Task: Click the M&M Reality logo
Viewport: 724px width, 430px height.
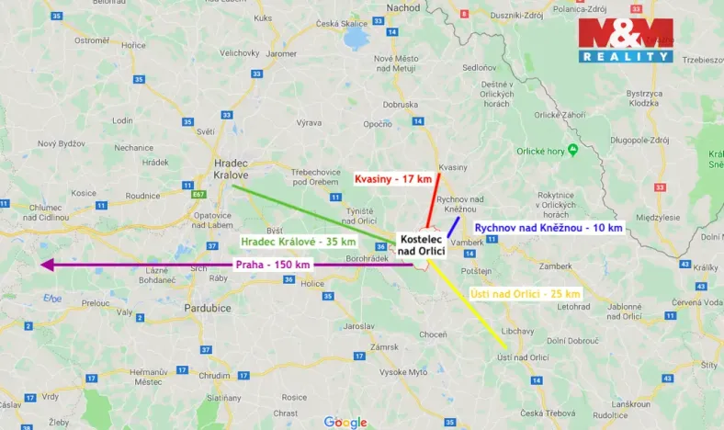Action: coord(625,40)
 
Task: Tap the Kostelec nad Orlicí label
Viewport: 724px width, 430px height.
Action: coord(422,245)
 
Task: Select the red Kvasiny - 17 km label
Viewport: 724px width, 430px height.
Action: coord(393,178)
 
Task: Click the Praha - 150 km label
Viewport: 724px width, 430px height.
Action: coord(273,265)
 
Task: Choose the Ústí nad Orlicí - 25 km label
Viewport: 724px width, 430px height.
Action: coord(526,293)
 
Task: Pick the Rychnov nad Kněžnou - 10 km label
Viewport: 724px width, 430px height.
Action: coord(549,227)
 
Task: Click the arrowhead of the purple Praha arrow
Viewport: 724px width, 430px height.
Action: coord(46,265)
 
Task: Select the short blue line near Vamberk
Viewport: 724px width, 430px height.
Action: coord(453,226)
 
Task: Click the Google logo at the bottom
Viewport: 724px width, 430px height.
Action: coord(345,423)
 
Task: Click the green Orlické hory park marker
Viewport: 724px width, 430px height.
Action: coord(573,149)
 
